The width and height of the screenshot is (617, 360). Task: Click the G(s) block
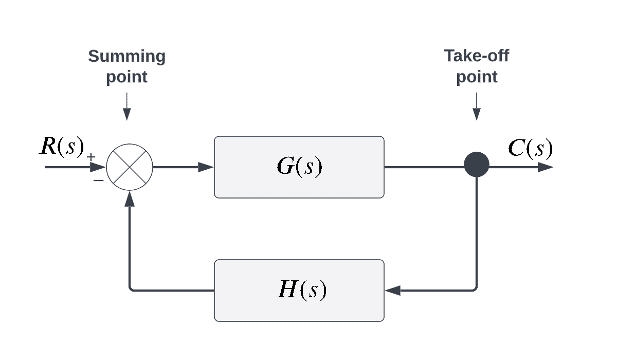[x=299, y=167]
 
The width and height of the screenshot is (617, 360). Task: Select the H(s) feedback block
[x=299, y=291]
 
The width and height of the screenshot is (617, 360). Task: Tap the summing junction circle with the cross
[x=130, y=167]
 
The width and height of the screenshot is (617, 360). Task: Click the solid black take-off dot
[x=476, y=165]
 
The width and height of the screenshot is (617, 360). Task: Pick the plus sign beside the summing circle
[x=91, y=157]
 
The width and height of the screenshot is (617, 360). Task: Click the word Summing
[x=126, y=56]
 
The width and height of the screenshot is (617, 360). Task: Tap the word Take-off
[x=477, y=56]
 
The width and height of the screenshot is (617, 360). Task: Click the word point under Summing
[x=126, y=77]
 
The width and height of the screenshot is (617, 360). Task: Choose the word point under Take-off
[x=477, y=77]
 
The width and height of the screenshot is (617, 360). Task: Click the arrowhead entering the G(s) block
[x=206, y=167]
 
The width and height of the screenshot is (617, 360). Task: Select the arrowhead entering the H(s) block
[x=393, y=291]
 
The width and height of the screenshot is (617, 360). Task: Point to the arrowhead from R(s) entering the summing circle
[x=98, y=167]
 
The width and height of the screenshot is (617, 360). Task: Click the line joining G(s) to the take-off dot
[x=424, y=167]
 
